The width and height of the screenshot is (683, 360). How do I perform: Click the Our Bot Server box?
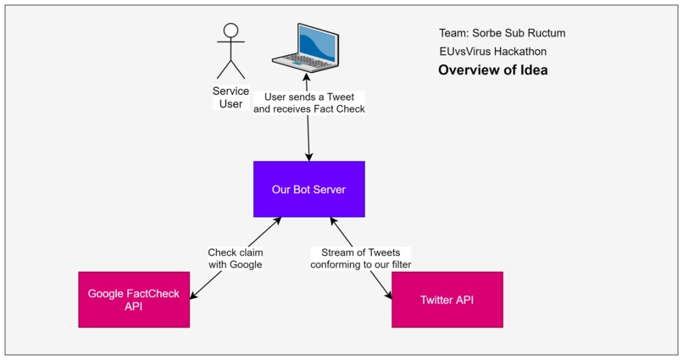(x=308, y=189)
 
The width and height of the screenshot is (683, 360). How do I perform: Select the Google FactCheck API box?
(x=134, y=300)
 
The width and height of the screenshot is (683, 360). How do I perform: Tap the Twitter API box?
(x=447, y=300)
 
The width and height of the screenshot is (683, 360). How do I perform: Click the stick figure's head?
(x=229, y=32)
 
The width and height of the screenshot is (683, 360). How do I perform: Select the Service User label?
(x=230, y=97)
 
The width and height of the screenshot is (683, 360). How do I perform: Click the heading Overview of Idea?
(x=492, y=70)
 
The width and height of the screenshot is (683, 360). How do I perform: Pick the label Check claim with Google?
(x=235, y=258)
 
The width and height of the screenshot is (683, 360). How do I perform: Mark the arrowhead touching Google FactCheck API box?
(x=194, y=296)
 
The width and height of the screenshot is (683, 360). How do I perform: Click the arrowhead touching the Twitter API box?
(x=388, y=296)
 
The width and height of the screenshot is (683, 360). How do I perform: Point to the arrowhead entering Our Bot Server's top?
(x=309, y=157)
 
